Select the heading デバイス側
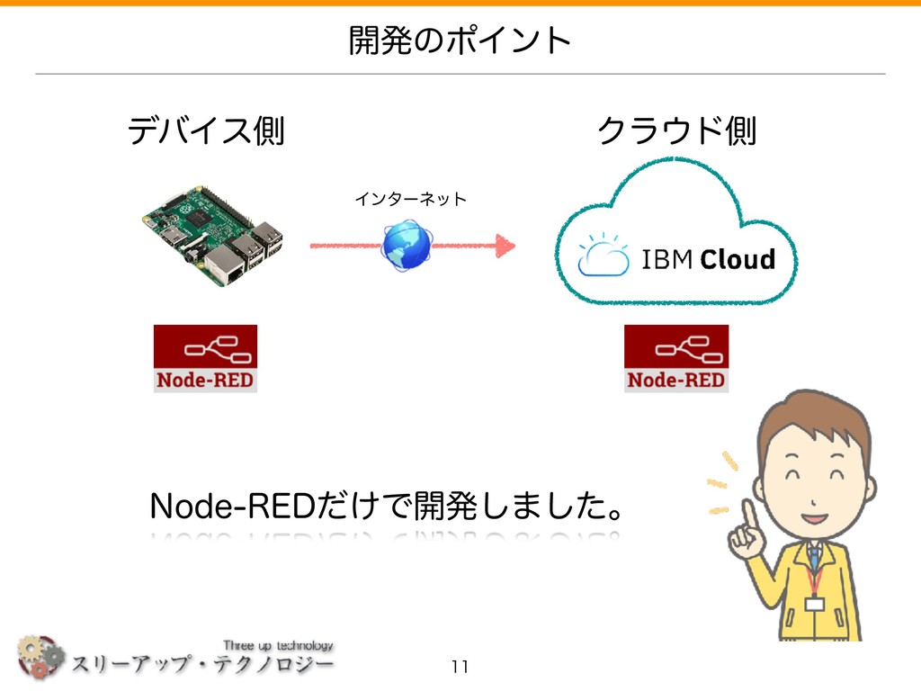(x=206, y=132)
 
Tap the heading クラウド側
(x=676, y=132)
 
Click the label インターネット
(x=410, y=198)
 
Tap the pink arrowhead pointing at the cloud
(x=505, y=244)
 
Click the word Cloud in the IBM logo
(x=737, y=260)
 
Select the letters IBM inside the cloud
(x=666, y=260)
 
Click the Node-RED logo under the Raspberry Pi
(x=205, y=358)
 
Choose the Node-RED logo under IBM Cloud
(x=676, y=358)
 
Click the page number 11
(x=460, y=667)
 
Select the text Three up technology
(x=278, y=645)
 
